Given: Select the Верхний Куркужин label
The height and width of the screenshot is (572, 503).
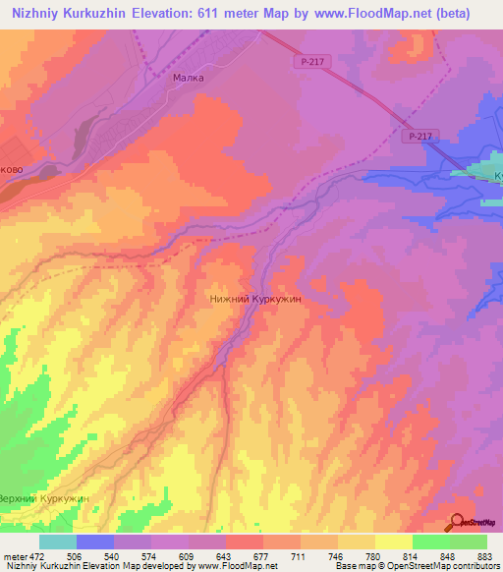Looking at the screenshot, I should (x=45, y=499).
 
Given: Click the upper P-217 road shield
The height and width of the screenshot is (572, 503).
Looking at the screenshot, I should (x=308, y=62).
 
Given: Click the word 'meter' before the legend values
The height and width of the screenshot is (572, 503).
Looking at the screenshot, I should (x=16, y=556).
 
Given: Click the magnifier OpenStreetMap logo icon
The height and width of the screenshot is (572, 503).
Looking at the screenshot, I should (x=459, y=523).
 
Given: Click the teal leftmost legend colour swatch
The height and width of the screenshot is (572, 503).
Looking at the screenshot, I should (x=58, y=542).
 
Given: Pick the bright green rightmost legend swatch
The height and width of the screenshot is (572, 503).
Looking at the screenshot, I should (x=468, y=542).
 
